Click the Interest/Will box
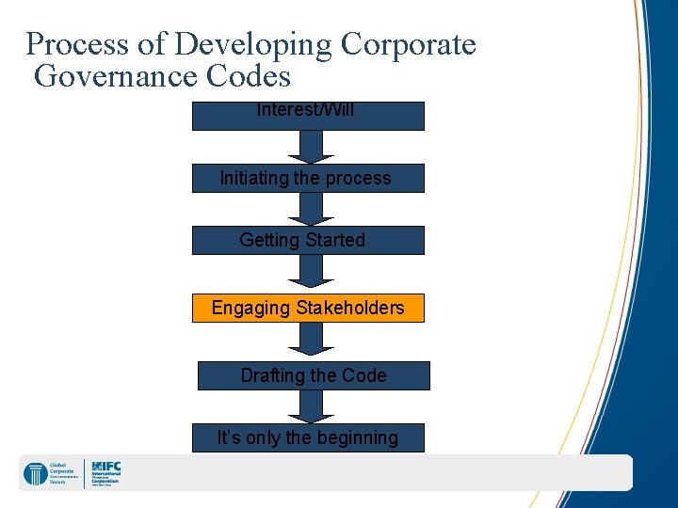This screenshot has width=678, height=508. tap(308, 115)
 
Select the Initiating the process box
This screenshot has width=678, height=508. tap(308, 178)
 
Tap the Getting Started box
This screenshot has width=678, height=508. tap(308, 240)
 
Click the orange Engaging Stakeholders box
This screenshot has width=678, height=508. tap(308, 308)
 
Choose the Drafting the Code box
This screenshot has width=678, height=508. tap(313, 375)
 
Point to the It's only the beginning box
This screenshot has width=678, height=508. tap(308, 437)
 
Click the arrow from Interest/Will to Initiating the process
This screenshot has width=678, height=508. tap(305, 146)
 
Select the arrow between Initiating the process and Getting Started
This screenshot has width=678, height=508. tap(305, 208)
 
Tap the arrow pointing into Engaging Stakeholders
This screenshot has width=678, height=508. tap(305, 272)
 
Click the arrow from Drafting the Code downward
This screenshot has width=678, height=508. tap(305, 405)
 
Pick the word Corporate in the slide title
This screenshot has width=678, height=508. tap(409, 44)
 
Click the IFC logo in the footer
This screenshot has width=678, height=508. tap(106, 472)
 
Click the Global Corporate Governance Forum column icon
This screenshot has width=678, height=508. tap(36, 473)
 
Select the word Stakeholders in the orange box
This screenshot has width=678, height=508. tap(350, 308)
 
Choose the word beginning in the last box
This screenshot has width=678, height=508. tap(355, 437)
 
